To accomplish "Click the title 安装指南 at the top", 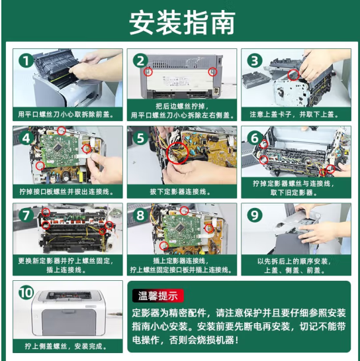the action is click(x=182, y=23).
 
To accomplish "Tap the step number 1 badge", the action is click(x=26, y=61).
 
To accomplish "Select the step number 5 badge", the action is click(x=140, y=138).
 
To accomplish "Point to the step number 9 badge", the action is click(x=255, y=215).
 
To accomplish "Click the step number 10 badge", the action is click(x=26, y=293).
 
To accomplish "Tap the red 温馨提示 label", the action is click(x=158, y=295).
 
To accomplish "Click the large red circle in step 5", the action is click(x=177, y=152).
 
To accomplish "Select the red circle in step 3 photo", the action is click(x=294, y=75).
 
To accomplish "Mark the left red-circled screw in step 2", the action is click(x=148, y=72).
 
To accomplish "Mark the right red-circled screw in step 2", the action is click(x=212, y=72).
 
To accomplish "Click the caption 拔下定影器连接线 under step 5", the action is click(x=181, y=191).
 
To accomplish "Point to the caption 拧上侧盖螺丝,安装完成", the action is click(x=66, y=346).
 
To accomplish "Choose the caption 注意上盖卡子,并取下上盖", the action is click(x=294, y=114).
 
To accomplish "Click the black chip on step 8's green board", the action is click(x=180, y=228).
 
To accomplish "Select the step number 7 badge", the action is click(x=26, y=215).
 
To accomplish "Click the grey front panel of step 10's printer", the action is click(x=69, y=322).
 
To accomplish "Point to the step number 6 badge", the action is click(x=255, y=138).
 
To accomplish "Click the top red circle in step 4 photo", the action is click(x=61, y=130).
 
